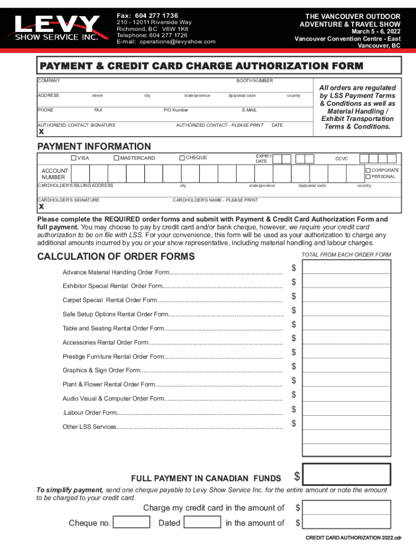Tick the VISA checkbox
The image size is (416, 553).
[x=74, y=158]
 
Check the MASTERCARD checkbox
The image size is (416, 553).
[x=116, y=158]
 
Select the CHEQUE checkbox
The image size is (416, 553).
[x=182, y=158]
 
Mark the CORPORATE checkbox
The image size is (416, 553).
[x=368, y=170]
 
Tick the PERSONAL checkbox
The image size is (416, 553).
[x=368, y=177]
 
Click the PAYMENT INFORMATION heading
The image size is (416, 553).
[x=94, y=146]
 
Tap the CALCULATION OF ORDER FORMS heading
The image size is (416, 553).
[x=116, y=256]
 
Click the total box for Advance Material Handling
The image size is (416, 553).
[x=346, y=267]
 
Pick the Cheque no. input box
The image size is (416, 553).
[x=131, y=522]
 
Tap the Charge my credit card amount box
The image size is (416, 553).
[x=346, y=507]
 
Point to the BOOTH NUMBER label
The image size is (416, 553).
[x=254, y=80]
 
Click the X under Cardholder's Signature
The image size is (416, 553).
[x=41, y=207]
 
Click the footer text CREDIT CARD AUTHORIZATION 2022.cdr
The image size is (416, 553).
[x=353, y=538]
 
